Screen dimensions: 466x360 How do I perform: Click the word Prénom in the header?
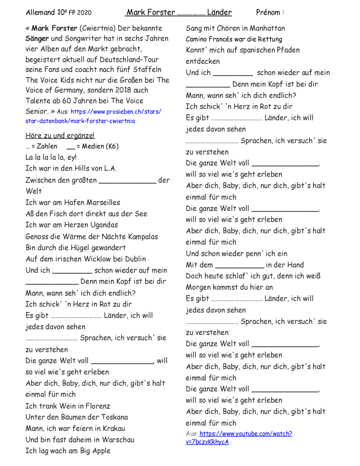tap(268, 13)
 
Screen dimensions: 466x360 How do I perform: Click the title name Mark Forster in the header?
tap(151, 13)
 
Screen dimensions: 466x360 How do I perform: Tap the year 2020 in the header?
tap(84, 13)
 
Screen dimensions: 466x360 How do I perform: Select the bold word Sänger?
tap(37, 39)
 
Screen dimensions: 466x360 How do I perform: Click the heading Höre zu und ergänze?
tap(60, 136)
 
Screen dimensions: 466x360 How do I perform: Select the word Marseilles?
tap(103, 202)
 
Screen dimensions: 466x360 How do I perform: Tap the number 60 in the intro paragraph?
tap(66, 101)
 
